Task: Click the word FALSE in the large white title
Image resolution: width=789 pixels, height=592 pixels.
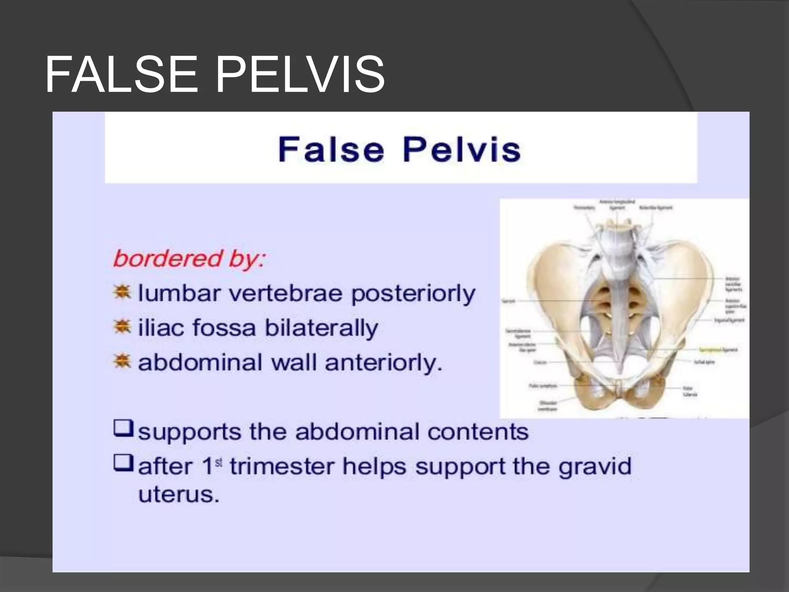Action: coord(121,74)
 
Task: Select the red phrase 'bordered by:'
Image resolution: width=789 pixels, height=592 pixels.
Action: coord(189,258)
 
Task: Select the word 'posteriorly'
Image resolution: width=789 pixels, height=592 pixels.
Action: coord(413,294)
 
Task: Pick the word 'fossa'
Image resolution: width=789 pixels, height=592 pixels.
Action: coord(224,328)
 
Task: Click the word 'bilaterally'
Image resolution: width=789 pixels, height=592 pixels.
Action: coord(321,328)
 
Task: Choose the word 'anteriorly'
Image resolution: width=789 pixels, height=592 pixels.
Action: coord(383,363)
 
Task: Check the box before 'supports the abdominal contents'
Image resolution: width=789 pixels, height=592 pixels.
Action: coord(123,429)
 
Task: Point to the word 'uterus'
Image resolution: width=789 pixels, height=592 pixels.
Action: coord(178,494)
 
